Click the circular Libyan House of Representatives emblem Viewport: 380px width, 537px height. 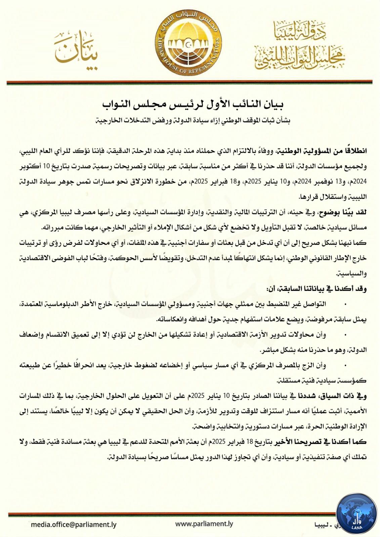[190, 44]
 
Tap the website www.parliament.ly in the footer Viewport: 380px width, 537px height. [204, 524]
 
